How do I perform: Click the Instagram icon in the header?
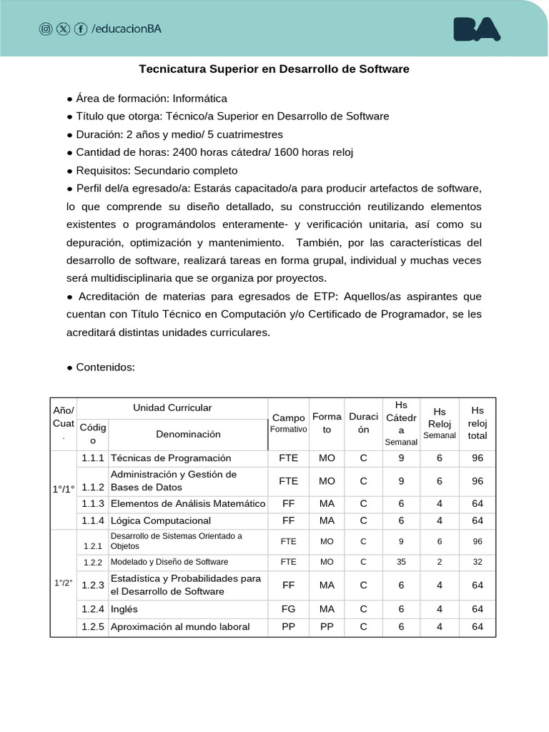tap(46, 29)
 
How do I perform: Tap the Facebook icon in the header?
tap(81, 29)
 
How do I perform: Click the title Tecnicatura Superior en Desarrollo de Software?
tap(274, 69)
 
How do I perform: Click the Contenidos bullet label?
tap(101, 367)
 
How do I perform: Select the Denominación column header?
tap(188, 434)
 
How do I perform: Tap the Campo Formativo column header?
tap(288, 423)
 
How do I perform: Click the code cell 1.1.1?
tap(93, 457)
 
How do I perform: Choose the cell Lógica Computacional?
tap(161, 520)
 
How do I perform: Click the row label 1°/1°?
tap(63, 489)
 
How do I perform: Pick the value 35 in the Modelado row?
tap(401, 562)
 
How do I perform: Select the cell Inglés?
tap(124, 609)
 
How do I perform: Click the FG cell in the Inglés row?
tap(288, 609)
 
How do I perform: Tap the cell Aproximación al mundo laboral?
tap(180, 627)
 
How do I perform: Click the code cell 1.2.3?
tap(93, 585)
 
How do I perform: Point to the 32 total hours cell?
tap(478, 562)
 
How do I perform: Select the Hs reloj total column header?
tap(478, 423)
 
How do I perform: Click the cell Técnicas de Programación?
tap(171, 457)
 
